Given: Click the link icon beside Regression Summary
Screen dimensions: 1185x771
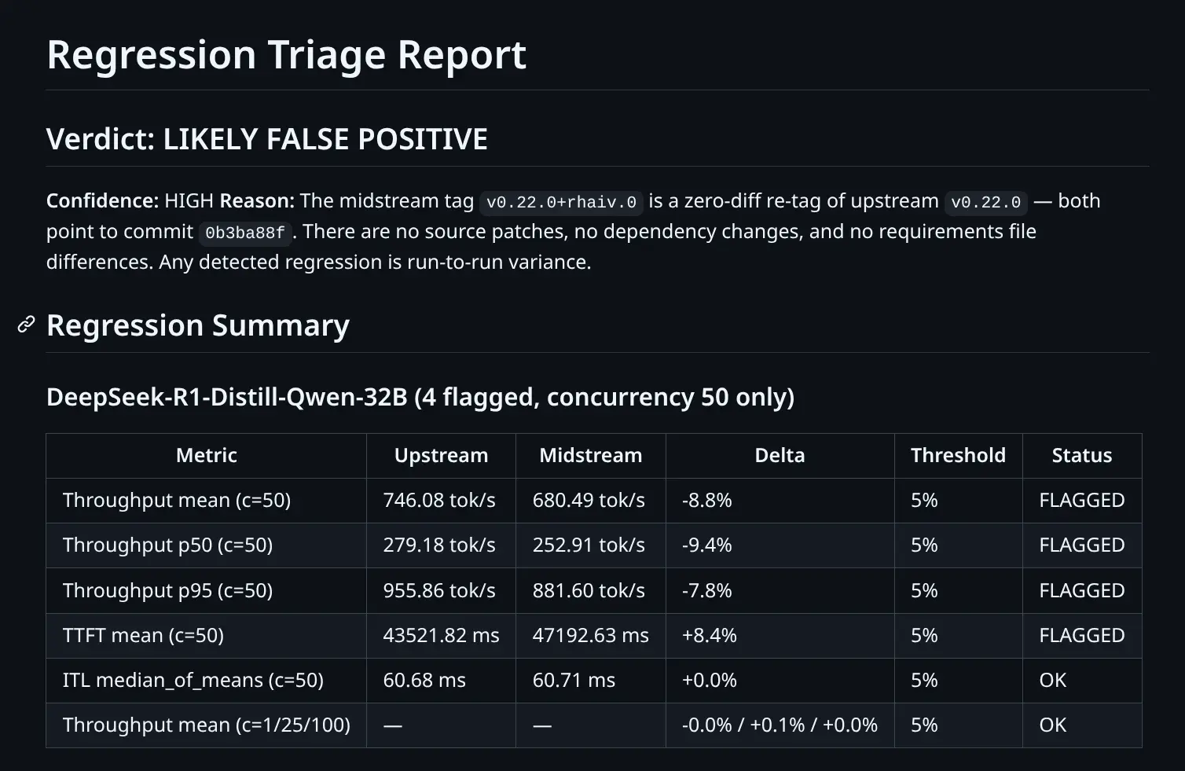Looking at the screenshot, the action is (x=26, y=325).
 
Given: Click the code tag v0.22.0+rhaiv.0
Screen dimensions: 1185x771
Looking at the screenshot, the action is (x=561, y=202).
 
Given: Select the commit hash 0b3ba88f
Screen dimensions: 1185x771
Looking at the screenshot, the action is (x=245, y=233).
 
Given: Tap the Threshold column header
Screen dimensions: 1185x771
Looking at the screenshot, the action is (x=958, y=456).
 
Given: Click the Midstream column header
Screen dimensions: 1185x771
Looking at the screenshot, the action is (x=590, y=456).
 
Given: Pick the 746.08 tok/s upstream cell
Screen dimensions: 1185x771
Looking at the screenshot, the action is (x=439, y=500).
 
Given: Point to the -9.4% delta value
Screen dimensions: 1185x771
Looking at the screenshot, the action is (x=706, y=545).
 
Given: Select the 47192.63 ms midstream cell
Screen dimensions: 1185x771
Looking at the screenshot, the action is (x=590, y=635).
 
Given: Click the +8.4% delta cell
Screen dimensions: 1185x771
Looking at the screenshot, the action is (x=709, y=635).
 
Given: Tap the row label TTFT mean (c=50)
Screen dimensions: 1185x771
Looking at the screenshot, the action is (x=143, y=635).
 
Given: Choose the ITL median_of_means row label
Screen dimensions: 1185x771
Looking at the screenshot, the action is (x=193, y=680).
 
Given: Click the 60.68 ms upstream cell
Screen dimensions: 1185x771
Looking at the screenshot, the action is (x=424, y=680).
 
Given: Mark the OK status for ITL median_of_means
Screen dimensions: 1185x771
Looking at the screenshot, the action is (x=1053, y=680).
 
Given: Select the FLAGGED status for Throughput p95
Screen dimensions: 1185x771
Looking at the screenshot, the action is (x=1082, y=590).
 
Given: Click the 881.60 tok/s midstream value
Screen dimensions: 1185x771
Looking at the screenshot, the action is (x=589, y=590).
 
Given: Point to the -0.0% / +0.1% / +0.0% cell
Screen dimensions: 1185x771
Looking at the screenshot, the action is (x=780, y=725).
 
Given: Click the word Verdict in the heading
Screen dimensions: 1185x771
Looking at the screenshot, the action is (x=100, y=138).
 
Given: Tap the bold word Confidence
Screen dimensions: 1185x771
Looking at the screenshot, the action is (x=102, y=201).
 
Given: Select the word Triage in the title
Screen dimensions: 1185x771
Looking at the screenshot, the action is (x=326, y=55).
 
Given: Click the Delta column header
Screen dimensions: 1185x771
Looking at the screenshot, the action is (x=780, y=456).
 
